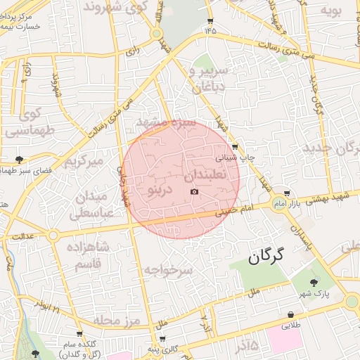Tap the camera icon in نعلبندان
coord(194,192)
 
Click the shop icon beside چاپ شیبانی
coord(234,147)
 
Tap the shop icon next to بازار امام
coord(286,193)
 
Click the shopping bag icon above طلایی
coord(290,314)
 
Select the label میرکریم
coord(84,161)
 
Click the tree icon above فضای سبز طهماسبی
coord(18,159)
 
